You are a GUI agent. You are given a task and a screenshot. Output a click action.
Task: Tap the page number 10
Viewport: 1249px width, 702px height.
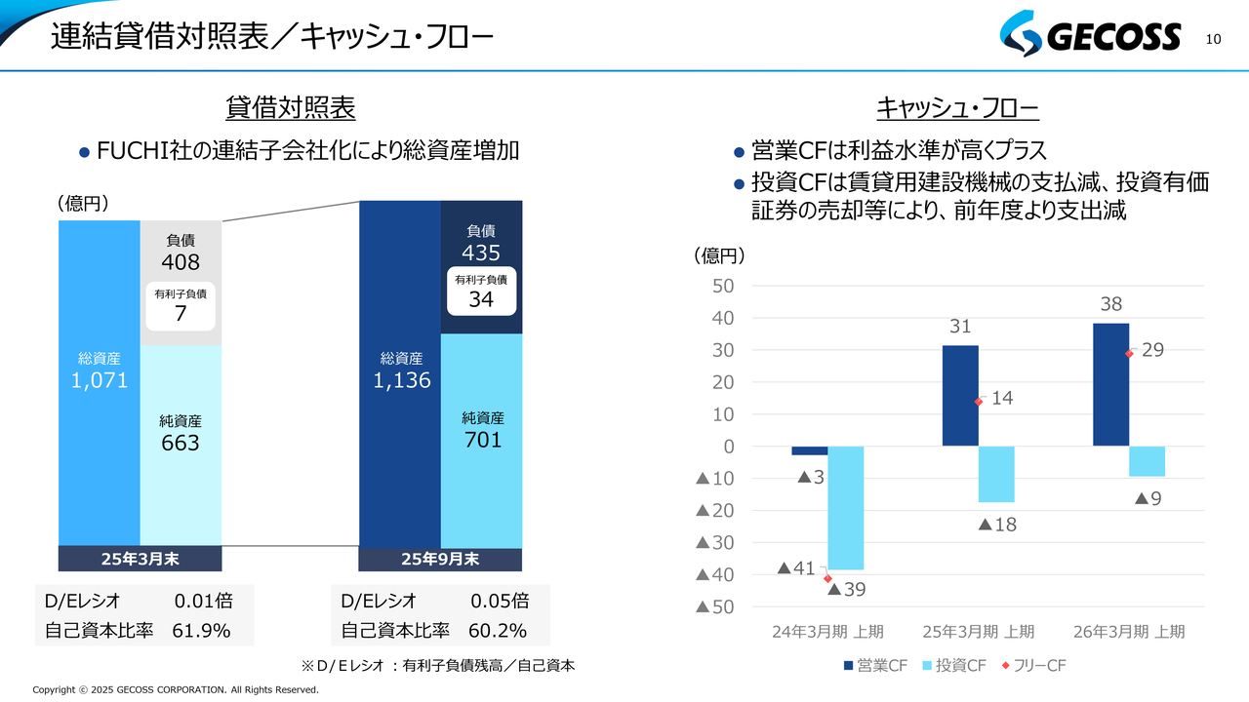pyautogui.click(x=1214, y=39)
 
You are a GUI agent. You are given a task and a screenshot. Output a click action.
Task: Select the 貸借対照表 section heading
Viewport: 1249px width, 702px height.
pyautogui.click(x=290, y=108)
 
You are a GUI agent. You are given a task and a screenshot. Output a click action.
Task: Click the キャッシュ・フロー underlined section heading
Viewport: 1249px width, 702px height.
pyautogui.click(x=957, y=108)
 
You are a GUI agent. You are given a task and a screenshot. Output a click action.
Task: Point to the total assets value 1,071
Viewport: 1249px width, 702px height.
pyautogui.click(x=100, y=380)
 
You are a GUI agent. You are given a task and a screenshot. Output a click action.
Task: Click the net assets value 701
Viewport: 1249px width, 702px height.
pyautogui.click(x=482, y=440)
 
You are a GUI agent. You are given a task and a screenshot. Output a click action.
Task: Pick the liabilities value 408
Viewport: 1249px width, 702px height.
pyautogui.click(x=181, y=262)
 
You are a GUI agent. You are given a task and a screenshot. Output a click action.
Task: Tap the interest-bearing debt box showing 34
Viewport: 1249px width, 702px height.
pyautogui.click(x=481, y=291)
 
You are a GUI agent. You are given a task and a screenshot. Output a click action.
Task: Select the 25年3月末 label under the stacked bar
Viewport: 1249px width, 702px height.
pyautogui.click(x=140, y=559)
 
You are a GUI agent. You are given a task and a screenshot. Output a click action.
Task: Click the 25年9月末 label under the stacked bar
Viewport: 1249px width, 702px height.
pyautogui.click(x=441, y=559)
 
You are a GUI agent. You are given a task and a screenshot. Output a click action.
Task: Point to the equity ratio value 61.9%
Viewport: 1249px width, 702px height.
pyautogui.click(x=201, y=630)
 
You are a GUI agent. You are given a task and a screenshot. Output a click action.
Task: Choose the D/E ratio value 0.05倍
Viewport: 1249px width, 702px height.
pyautogui.click(x=500, y=601)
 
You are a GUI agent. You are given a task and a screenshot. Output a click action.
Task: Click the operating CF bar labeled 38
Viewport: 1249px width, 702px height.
pyautogui.click(x=1110, y=384)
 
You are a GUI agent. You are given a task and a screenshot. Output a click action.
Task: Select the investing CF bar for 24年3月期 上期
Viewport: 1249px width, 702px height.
pyautogui.click(x=845, y=508)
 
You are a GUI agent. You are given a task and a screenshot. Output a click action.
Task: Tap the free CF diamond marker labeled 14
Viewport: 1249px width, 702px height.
pyautogui.click(x=978, y=401)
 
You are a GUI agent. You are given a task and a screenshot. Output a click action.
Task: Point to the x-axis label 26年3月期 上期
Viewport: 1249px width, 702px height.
pyautogui.click(x=1129, y=631)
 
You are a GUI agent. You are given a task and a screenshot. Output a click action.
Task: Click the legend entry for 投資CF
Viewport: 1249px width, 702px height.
pyautogui.click(x=953, y=666)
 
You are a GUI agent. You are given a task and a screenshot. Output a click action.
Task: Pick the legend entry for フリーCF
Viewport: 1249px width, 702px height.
pyautogui.click(x=1032, y=666)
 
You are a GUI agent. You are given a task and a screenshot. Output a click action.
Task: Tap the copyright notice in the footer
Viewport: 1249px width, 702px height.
pyautogui.click(x=176, y=690)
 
